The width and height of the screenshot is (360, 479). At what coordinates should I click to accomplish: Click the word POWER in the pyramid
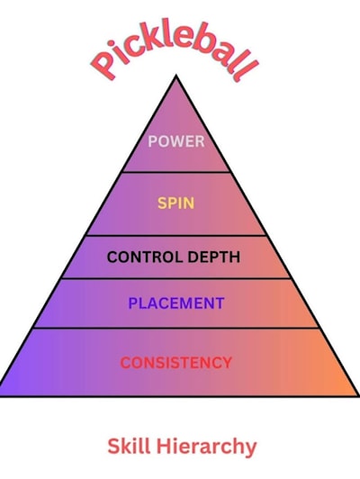pyautogui.click(x=176, y=141)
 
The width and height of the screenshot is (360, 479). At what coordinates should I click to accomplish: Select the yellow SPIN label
pyautogui.click(x=175, y=203)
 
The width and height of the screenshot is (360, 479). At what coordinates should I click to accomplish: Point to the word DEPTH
pyautogui.click(x=213, y=257)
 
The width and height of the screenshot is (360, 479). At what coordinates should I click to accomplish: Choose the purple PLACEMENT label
pyautogui.click(x=176, y=303)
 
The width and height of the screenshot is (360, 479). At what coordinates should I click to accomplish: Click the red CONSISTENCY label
pyautogui.click(x=176, y=363)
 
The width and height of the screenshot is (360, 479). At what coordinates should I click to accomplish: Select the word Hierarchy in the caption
pyautogui.click(x=206, y=447)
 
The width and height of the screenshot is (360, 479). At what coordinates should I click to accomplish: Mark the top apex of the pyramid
pyautogui.click(x=175, y=76)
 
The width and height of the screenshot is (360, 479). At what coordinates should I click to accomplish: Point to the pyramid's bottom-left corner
pyautogui.click(x=1, y=396)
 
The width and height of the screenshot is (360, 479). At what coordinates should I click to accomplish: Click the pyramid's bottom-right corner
pyautogui.click(x=358, y=396)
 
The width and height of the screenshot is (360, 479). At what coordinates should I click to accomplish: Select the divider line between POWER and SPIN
pyautogui.click(x=176, y=172)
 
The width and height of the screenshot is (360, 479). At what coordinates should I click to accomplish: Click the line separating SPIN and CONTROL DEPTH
pyautogui.click(x=176, y=236)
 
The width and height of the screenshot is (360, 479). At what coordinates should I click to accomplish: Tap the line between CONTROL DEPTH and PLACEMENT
pyautogui.click(x=176, y=278)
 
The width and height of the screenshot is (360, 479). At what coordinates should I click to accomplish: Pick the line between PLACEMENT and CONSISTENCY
pyautogui.click(x=176, y=328)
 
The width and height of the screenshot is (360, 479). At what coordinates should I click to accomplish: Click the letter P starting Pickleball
pyautogui.click(x=103, y=66)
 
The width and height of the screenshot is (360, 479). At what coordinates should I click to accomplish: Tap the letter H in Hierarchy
pyautogui.click(x=165, y=447)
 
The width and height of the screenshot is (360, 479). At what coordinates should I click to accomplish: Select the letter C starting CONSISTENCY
pyautogui.click(x=126, y=363)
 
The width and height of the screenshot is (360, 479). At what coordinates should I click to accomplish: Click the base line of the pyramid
pyautogui.click(x=179, y=396)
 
